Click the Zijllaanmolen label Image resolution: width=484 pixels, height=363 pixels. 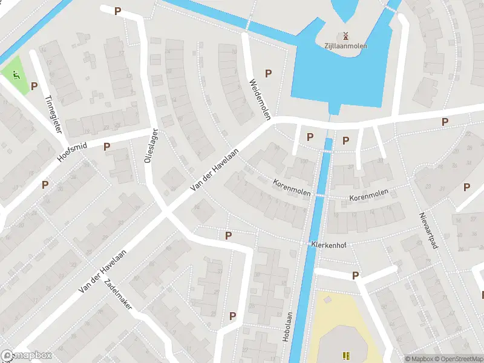tap(345, 45)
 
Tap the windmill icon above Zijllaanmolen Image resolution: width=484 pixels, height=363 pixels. tap(345, 35)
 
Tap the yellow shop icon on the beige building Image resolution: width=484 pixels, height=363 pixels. tap(346, 356)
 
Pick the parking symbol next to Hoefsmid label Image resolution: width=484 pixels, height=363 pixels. tap(106, 146)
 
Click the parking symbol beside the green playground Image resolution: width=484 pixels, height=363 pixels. tap(34, 87)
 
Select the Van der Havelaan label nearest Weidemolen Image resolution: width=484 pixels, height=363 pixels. tap(214, 171)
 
